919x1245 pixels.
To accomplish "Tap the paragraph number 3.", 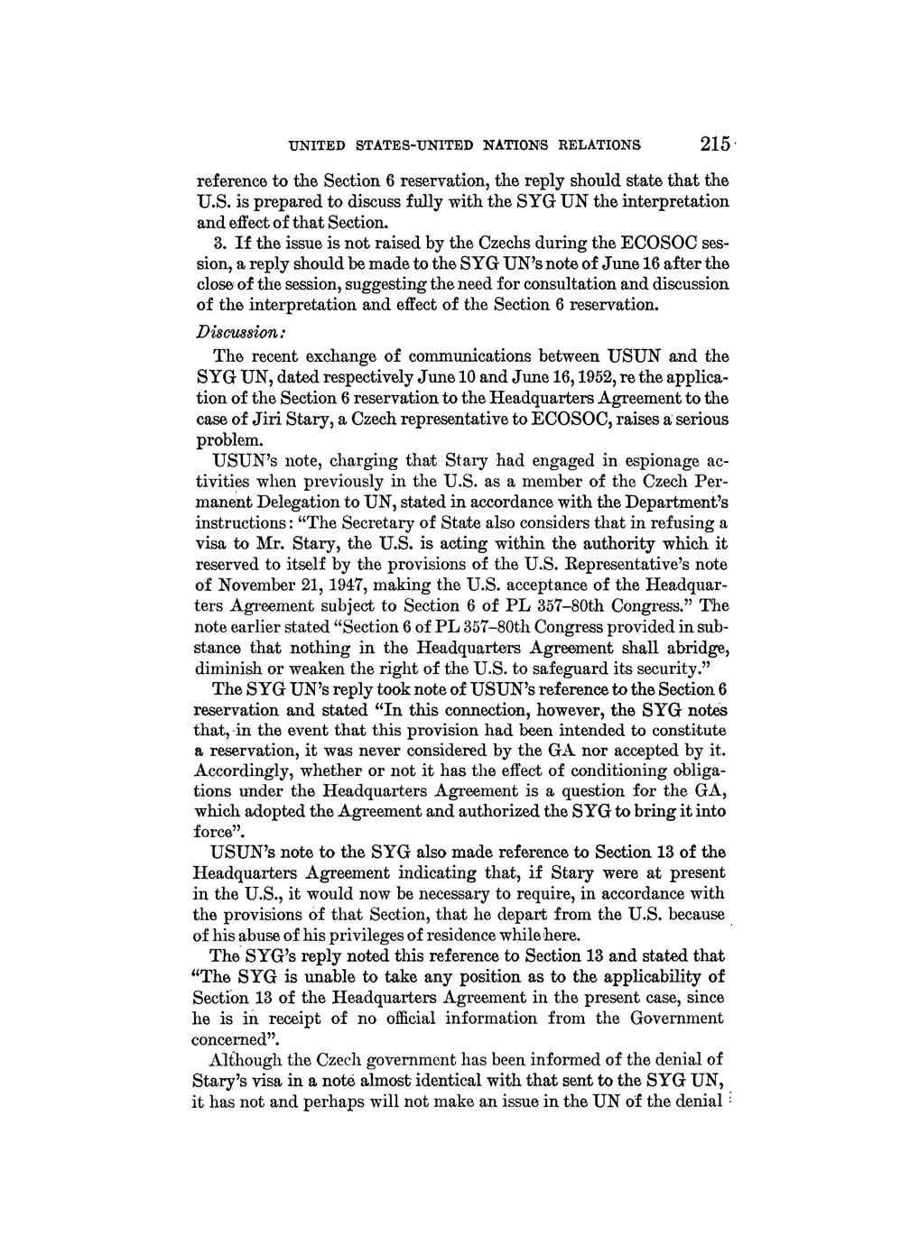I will click(218, 243).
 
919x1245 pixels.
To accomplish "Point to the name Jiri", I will click(276, 420).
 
